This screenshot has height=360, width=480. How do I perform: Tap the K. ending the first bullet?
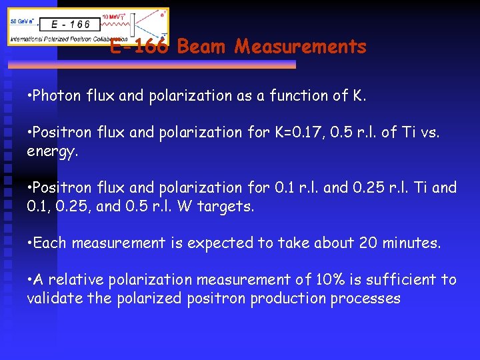pyautogui.click(x=359, y=95)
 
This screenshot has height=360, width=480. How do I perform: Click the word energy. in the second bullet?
pyautogui.click(x=53, y=151)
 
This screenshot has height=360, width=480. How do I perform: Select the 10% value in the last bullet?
pyautogui.click(x=323, y=279)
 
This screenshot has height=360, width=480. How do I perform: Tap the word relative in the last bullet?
pyautogui.click(x=69, y=279)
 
